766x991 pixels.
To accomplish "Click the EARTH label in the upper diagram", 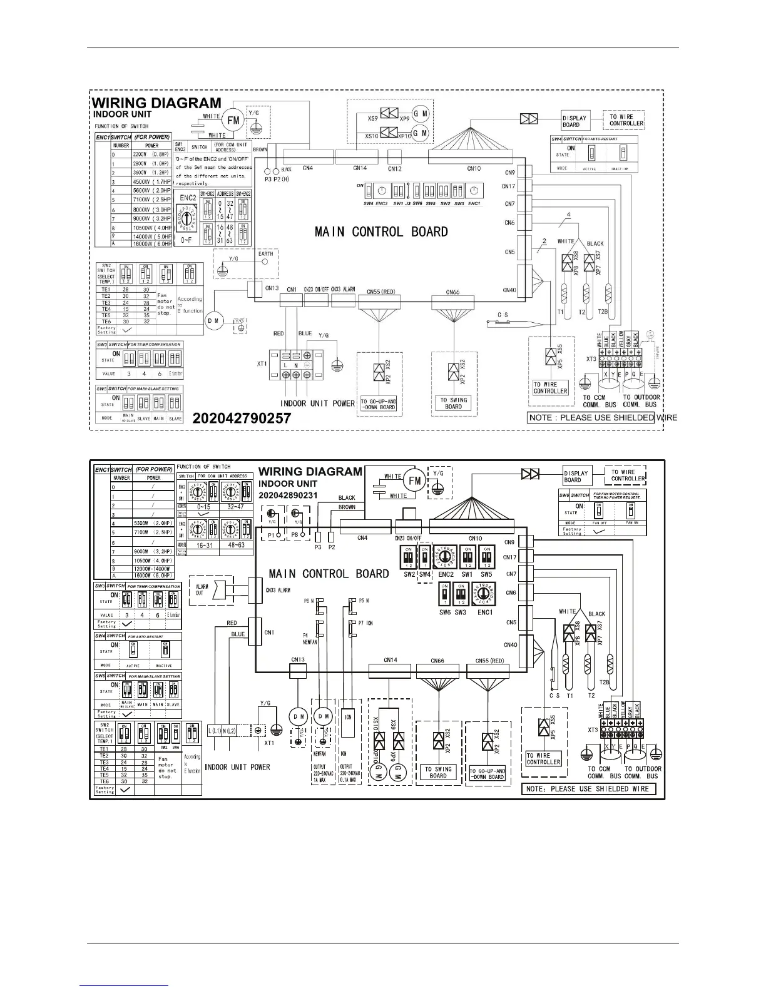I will [265, 254].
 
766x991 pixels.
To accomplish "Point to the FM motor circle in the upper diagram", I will [233, 120].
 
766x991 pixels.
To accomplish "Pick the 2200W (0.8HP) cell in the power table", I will [151, 154].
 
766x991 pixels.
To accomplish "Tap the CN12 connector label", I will [394, 168].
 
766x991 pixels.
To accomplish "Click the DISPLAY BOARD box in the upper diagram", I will [574, 121].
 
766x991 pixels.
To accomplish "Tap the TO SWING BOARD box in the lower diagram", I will [438, 773].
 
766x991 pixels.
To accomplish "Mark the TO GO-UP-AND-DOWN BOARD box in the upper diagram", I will [378, 404].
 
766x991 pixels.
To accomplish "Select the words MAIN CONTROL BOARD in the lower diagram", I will [329, 574].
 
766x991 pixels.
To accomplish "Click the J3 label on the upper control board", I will [407, 203].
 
